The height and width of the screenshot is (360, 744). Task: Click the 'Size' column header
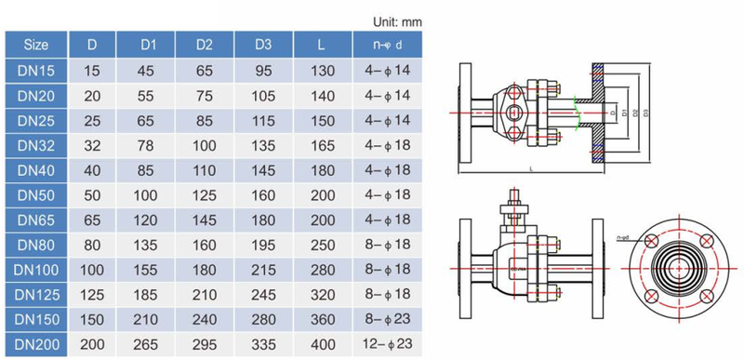37,44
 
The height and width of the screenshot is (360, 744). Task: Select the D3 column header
264,44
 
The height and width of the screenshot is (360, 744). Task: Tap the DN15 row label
37,70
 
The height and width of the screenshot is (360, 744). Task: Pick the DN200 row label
37,344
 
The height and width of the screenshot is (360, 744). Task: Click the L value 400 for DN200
322,344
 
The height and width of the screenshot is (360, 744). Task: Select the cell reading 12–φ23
388,344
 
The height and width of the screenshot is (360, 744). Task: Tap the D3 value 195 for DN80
264,245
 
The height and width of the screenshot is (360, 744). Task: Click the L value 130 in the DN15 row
322,70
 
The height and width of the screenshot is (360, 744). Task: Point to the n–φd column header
388,44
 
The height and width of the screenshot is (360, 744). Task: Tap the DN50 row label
37,195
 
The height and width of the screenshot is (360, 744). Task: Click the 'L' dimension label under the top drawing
531,169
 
